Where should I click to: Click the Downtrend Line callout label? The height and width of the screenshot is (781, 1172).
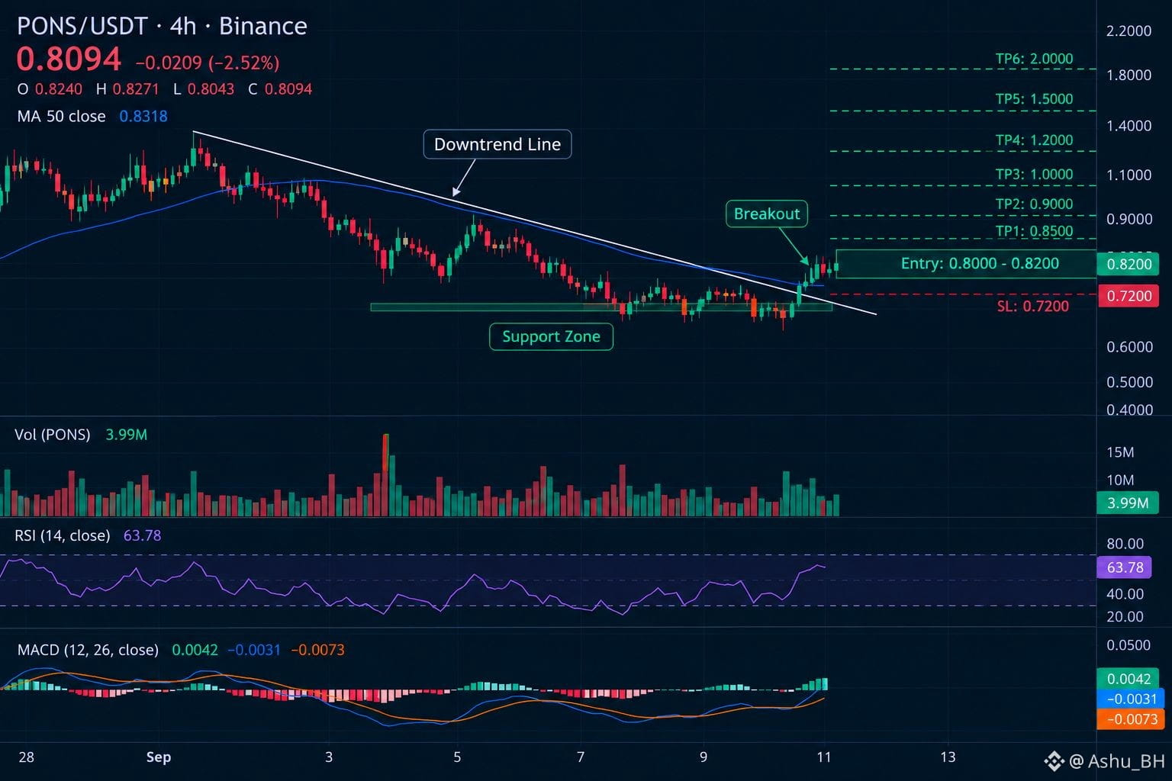coord(497,144)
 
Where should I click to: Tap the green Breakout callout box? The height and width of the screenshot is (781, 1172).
coord(767,214)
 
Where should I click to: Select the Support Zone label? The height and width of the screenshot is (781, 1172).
coord(551,336)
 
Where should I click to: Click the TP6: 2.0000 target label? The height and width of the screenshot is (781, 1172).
coord(1034,59)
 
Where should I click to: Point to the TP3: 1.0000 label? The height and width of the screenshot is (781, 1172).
coord(1034,174)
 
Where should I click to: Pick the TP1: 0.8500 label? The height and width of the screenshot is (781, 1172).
coord(1034,230)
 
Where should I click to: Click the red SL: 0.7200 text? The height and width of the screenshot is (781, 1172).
coord(1033,306)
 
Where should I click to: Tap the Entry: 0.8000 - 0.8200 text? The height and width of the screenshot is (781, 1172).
coord(980,263)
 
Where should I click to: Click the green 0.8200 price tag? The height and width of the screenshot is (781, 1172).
coord(1128,264)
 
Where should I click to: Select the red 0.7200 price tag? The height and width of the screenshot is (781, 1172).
coord(1128,296)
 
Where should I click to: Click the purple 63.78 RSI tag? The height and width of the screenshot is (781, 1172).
coord(1124,567)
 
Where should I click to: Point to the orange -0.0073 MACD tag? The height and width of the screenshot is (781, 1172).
coord(1130,719)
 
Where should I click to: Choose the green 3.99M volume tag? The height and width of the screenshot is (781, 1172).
coord(1127,503)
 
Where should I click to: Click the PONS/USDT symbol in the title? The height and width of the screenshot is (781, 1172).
coord(82,26)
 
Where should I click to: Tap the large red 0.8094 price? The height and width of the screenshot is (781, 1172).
coord(69,59)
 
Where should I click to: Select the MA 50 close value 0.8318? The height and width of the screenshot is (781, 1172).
coord(143,116)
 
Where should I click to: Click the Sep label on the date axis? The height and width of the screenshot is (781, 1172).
coord(159,757)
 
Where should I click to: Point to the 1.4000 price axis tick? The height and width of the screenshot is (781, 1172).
coord(1129,126)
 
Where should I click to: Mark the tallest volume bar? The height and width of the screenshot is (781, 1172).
coord(385,475)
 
